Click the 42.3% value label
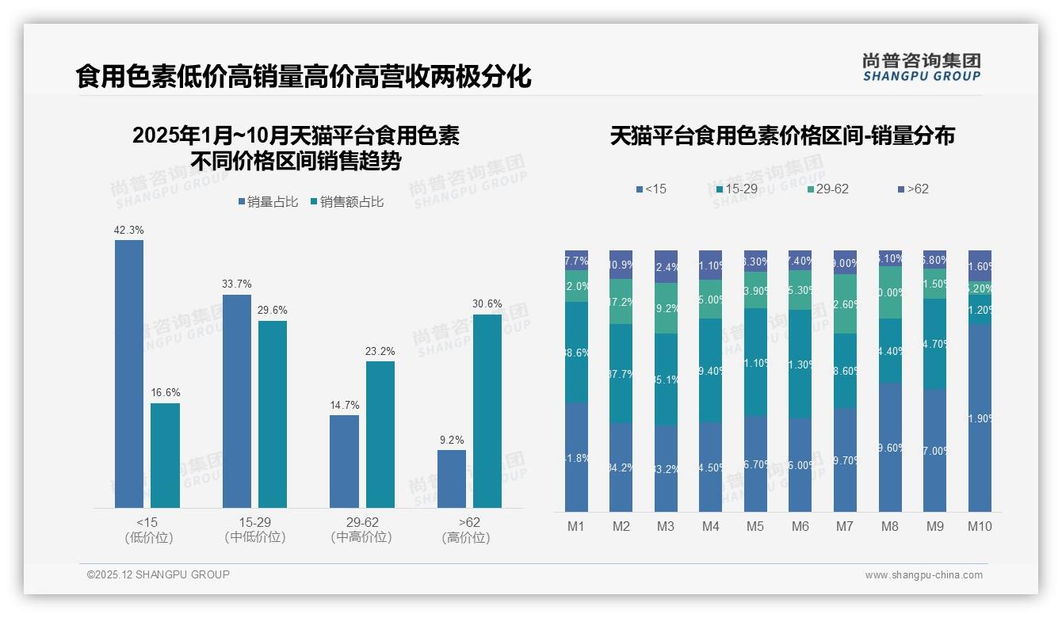[x=129, y=230]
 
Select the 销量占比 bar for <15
[x=129, y=373]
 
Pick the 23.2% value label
[x=380, y=351]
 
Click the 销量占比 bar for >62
[x=452, y=479]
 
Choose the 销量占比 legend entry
[x=268, y=202]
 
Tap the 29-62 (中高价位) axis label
[x=361, y=529]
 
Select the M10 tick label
[x=980, y=526]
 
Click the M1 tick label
[x=576, y=526]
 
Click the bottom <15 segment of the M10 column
[x=980, y=418]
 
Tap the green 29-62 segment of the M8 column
[x=891, y=292]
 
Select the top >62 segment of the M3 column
[x=666, y=266]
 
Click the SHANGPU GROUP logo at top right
[x=921, y=67]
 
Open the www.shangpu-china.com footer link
[x=923, y=575]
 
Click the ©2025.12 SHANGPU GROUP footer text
[x=159, y=574]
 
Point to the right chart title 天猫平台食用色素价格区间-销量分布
[x=782, y=135]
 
